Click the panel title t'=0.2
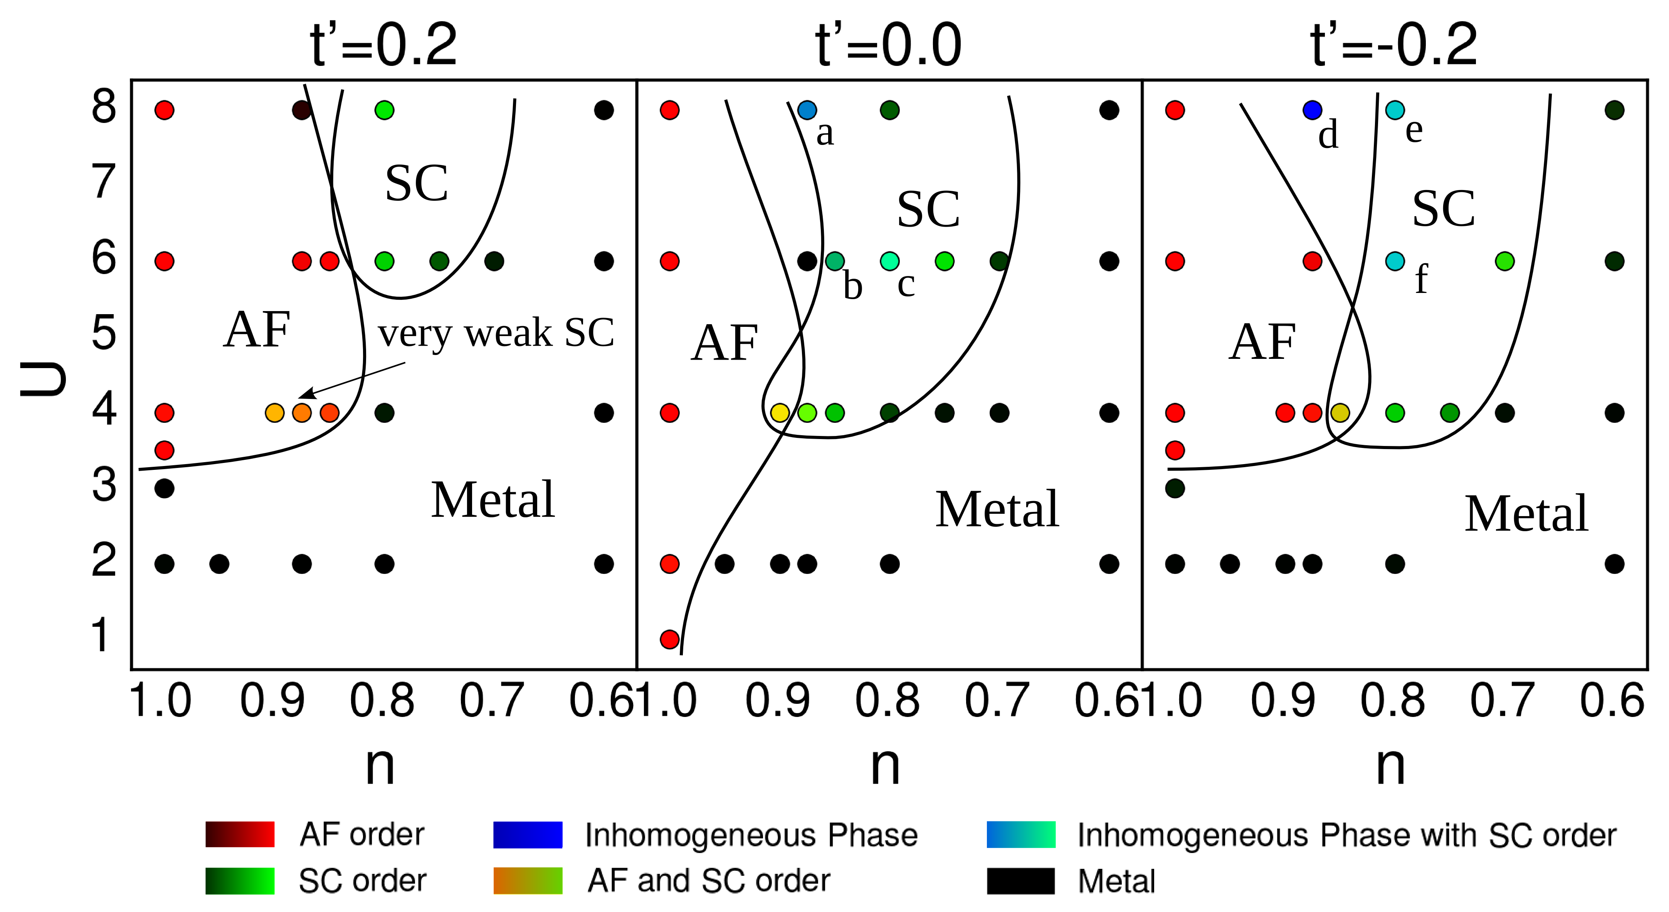tap(383, 45)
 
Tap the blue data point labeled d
tap(1312, 110)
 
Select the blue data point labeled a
tap(807, 110)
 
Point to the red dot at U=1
tap(669, 639)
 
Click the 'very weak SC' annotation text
tap(496, 334)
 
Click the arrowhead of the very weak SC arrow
tap(304, 395)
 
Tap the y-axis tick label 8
tap(104, 107)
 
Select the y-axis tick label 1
tap(101, 635)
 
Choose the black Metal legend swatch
tap(1020, 881)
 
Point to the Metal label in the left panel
tap(492, 500)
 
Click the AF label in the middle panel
tap(724, 343)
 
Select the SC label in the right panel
tap(1444, 209)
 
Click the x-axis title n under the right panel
tap(1390, 765)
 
